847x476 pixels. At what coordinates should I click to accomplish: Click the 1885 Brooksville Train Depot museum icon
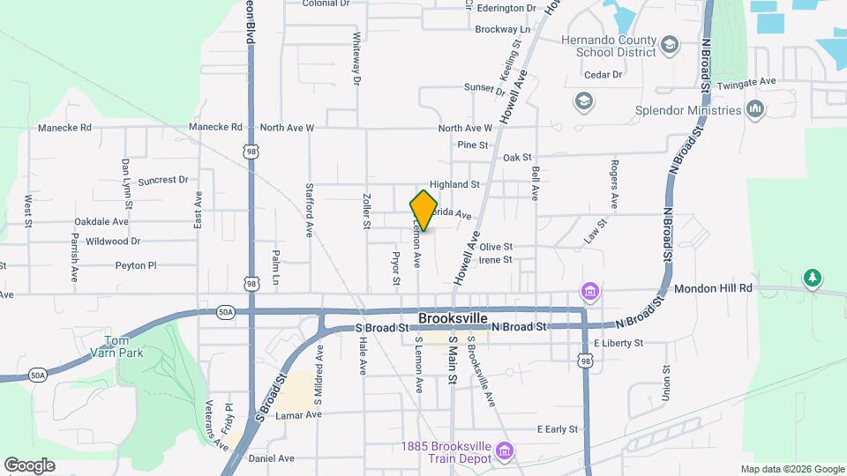pos(504,451)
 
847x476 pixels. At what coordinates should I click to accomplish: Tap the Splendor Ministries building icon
pos(754,110)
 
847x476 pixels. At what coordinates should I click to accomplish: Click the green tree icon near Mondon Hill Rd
pos(812,279)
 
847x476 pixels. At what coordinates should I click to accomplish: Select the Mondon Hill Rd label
pos(713,288)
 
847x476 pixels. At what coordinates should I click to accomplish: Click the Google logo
pos(29,465)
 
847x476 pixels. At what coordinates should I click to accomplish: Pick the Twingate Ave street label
pos(746,81)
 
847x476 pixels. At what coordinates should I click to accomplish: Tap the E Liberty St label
pos(618,343)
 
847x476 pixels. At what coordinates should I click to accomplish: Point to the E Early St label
pos(557,429)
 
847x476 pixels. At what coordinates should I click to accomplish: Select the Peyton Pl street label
pos(135,264)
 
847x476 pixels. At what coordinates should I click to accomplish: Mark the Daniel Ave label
pos(272,458)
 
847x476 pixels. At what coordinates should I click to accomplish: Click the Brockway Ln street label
pos(502,29)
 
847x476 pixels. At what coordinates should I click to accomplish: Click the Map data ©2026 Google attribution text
pos(792,469)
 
